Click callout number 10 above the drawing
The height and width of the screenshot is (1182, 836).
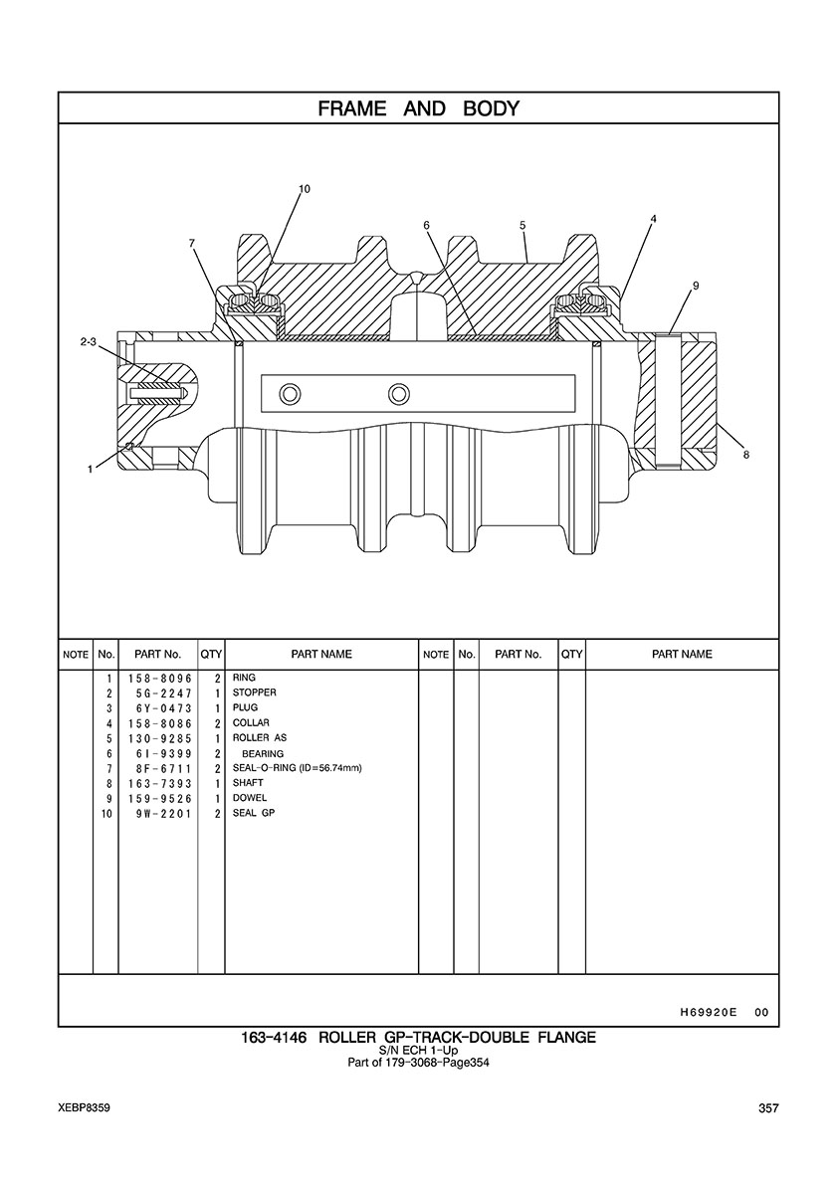pos(304,188)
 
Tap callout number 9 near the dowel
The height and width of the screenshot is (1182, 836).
pos(696,285)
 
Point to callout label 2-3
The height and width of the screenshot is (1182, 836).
pos(89,342)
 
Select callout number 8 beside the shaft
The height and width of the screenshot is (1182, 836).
pos(746,455)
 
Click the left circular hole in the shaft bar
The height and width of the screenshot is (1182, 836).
pos(290,393)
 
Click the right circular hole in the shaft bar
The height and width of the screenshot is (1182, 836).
pos(399,393)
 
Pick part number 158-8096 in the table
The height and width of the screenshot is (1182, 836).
pos(160,678)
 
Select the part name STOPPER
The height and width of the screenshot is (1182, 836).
pos(254,692)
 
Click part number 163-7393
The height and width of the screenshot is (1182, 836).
pos(160,783)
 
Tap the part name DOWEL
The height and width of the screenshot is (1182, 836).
pos(250,798)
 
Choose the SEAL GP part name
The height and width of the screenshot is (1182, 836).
pos(253,814)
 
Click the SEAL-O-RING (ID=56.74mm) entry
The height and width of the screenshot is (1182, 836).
pos(297,768)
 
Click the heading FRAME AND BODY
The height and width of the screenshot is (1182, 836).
pos(418,108)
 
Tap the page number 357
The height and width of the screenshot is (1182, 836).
pos(768,1108)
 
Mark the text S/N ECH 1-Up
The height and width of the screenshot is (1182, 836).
pos(418,1050)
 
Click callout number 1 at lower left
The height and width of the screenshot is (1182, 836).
pos(90,469)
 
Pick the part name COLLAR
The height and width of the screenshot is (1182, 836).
pos(251,723)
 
